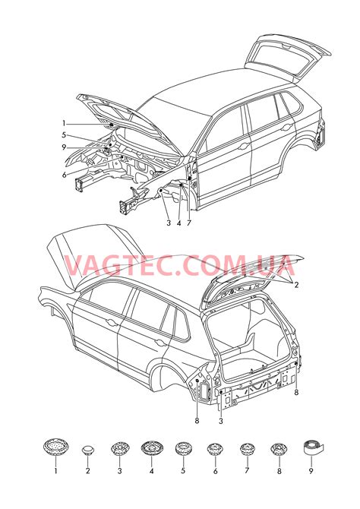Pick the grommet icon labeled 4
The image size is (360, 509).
coord(151,448)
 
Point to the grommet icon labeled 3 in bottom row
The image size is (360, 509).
coord(119,449)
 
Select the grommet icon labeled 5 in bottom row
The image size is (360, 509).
coord(183,449)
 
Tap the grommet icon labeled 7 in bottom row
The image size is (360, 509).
coord(247,449)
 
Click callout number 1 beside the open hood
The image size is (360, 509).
coord(65,123)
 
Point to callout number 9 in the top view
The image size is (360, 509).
coord(64,147)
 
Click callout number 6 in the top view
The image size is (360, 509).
coord(65,175)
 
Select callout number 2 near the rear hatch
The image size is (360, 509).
coord(296,285)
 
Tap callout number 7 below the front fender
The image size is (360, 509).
coord(189,223)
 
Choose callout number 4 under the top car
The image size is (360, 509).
coord(179,223)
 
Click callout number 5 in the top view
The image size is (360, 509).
coord(64,135)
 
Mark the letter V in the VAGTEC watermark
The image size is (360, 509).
coord(74,266)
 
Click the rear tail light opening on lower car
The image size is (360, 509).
coord(204,390)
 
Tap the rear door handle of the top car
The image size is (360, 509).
coord(286,128)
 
